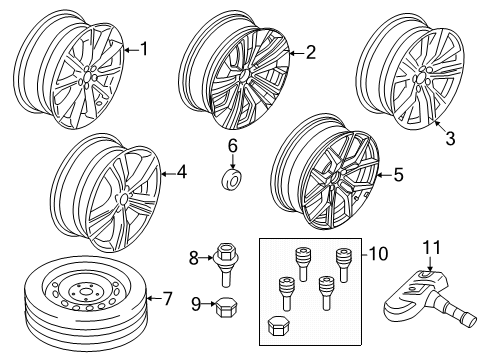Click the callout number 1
click(x=145, y=47)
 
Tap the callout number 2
click(x=310, y=51)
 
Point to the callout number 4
click(x=181, y=173)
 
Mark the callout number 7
click(x=166, y=297)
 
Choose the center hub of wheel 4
click(x=121, y=202)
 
